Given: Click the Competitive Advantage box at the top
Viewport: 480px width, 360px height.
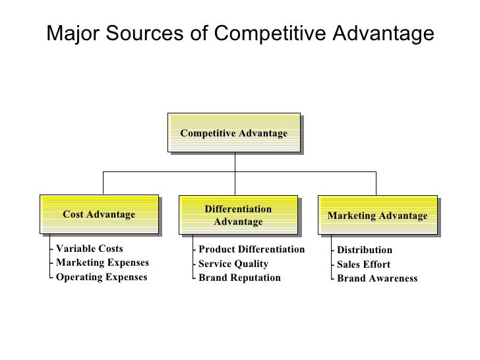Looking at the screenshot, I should coord(234,134).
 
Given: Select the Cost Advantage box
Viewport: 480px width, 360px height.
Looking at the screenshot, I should coord(99,214).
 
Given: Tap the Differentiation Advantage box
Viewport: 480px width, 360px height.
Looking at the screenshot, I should coord(238,216).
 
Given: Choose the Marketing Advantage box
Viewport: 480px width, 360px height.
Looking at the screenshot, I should coord(377,216).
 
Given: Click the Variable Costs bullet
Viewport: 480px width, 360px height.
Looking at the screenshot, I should coord(89,249).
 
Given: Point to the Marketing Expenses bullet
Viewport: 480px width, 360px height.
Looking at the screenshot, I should coord(102,263).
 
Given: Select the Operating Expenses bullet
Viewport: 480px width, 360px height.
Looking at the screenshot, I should coord(101,277).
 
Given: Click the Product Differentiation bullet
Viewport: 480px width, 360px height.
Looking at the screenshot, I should coord(251,249).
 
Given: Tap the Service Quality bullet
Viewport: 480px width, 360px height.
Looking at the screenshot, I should coord(233,264).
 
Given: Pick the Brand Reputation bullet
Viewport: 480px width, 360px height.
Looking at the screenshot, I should coord(239,278).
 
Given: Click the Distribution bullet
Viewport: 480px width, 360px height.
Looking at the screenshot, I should coord(364,250).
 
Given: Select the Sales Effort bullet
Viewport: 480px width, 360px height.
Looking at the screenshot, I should coord(363,264).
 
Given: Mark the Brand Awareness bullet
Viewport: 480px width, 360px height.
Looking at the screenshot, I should coord(376,278).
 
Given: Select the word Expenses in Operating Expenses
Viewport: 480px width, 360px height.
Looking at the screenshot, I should coord(125,277).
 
